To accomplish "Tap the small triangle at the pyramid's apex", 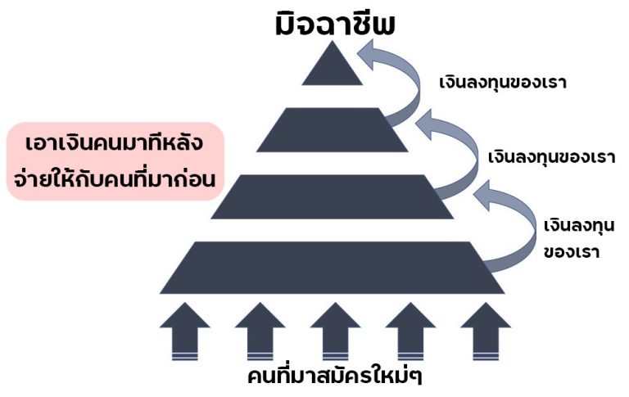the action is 333,68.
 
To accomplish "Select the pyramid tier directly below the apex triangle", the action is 333,130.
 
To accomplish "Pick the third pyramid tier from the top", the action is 333,197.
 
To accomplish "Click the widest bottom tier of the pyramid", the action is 333,268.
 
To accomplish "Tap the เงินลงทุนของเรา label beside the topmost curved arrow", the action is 503,83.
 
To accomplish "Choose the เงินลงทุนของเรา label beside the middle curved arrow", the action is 551,157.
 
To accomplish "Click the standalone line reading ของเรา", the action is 572,252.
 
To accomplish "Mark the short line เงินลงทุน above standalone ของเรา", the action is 579,226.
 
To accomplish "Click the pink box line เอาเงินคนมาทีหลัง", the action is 115,142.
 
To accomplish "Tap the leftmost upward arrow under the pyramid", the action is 185,332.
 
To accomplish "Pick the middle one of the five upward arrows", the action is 335,332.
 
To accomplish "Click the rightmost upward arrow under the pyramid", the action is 486,332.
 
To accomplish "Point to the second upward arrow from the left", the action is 260,332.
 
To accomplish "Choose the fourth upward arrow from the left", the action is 410,332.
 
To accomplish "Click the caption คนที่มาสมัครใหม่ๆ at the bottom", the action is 335,376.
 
